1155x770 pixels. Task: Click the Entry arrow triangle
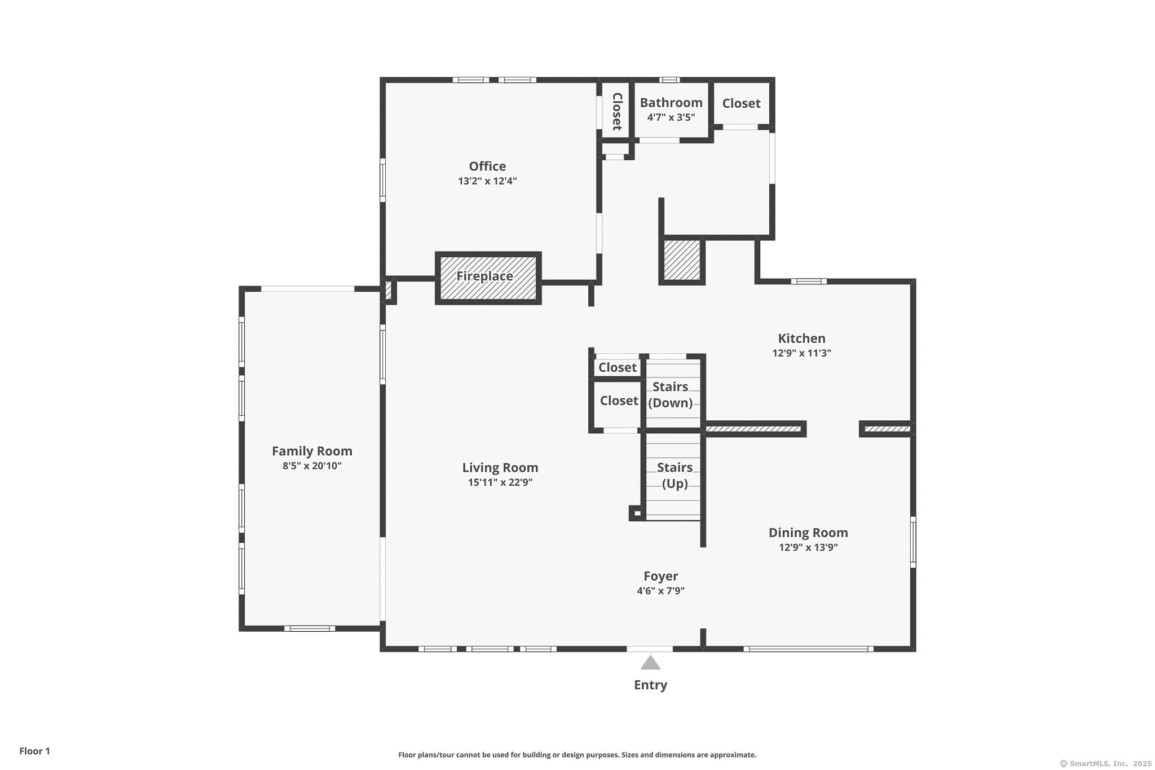pos(650,662)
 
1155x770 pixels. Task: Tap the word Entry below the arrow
pos(650,685)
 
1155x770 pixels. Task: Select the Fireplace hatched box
pos(488,278)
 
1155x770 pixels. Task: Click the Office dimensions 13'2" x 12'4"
pos(487,181)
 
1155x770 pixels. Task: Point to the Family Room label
pos(312,451)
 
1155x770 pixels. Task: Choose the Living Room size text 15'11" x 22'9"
pos(500,482)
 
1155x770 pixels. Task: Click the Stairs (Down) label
pos(671,395)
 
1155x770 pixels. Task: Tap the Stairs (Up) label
pos(675,476)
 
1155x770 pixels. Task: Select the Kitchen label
pos(801,338)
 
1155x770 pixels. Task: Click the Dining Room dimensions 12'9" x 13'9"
pos(808,547)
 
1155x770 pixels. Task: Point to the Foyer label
pos(661,576)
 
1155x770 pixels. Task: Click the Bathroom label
pos(671,103)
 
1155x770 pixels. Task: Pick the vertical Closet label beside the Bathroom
pos(617,111)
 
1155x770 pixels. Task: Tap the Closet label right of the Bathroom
pos(741,103)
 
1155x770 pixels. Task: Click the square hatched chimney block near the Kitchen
pos(682,260)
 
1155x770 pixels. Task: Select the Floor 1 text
pos(34,751)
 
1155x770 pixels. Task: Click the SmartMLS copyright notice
pos(1106,763)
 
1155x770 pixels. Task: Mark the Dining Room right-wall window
pos(913,542)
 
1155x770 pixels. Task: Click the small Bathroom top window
pos(669,80)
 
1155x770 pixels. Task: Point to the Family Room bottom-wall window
pos(310,628)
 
